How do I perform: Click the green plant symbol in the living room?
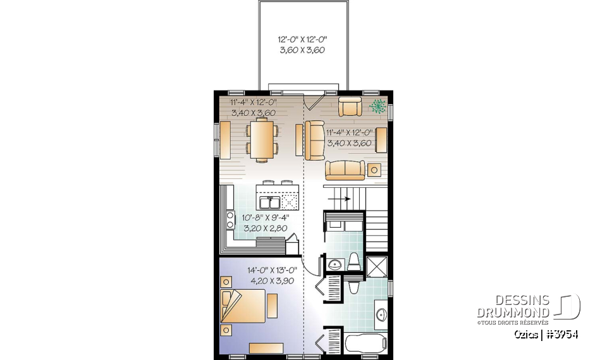pos(377,106)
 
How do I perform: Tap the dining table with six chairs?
pos(261,139)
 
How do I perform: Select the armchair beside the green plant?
pos(350,106)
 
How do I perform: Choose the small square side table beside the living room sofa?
pos(374,169)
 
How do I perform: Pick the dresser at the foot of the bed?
pos(266,347)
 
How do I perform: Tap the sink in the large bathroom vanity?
pos(381,314)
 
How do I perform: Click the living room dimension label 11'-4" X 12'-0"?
pos(350,137)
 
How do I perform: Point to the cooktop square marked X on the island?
pos(290,202)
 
